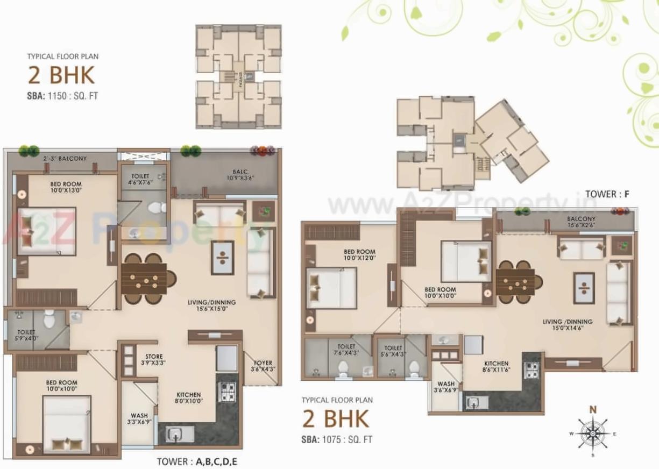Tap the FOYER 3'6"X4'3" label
[x=263, y=366]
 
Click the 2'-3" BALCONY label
[x=65, y=159]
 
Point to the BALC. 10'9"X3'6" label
[x=239, y=175]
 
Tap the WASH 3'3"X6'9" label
[x=139, y=419]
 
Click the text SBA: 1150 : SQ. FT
[x=62, y=97]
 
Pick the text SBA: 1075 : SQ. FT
[x=337, y=439]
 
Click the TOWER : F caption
[x=607, y=195]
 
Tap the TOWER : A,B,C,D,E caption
[x=197, y=461]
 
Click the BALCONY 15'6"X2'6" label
[x=580, y=223]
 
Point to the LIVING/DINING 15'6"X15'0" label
[x=211, y=306]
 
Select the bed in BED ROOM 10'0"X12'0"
[x=331, y=288]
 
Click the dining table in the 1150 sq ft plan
[x=144, y=279]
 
